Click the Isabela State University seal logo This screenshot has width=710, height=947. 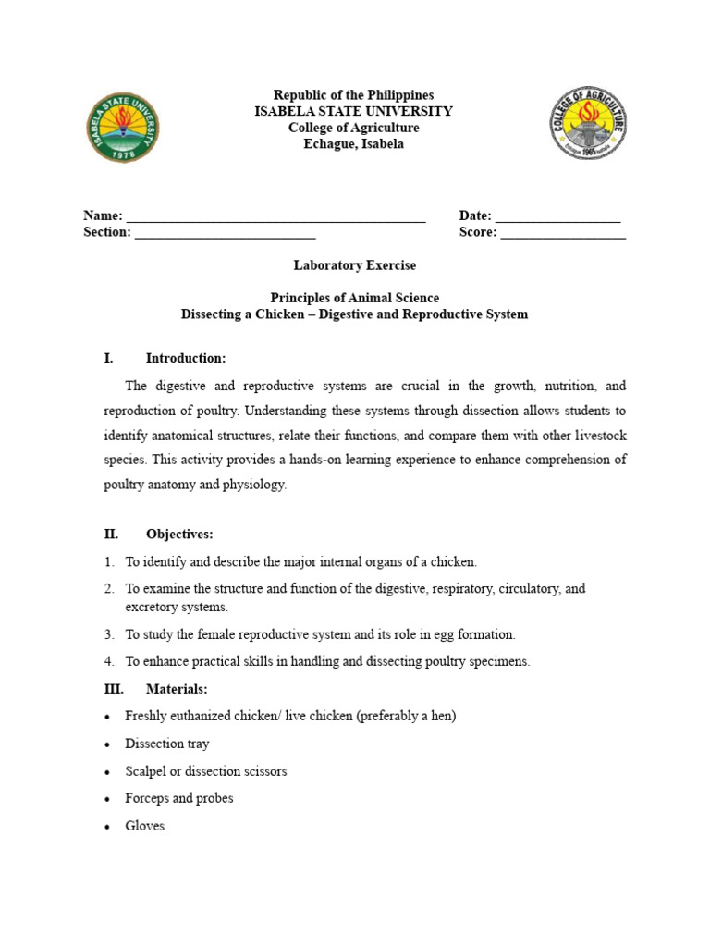tap(122, 129)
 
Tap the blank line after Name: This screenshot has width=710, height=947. tap(275, 216)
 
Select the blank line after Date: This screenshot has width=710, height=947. tap(557, 216)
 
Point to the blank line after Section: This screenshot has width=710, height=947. tap(226, 232)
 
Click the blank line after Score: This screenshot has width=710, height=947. tap(563, 232)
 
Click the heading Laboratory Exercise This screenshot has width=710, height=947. tap(355, 265)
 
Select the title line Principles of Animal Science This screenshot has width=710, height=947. tap(355, 298)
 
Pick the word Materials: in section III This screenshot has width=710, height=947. tap(177, 689)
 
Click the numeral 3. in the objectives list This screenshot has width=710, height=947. tap(109, 634)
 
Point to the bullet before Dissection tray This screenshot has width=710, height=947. tap(109, 744)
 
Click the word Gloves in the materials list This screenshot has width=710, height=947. tap(145, 826)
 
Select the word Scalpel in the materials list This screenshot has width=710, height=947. tap(147, 771)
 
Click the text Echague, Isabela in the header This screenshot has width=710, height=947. tap(355, 144)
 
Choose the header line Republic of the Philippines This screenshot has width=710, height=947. tap(354, 95)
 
